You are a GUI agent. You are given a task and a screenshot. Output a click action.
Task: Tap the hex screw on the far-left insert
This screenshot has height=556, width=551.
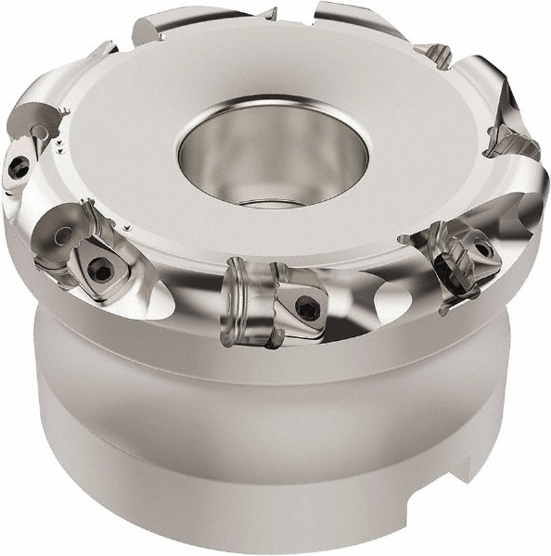19,167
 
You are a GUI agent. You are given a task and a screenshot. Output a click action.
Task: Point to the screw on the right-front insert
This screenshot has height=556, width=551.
481,249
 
